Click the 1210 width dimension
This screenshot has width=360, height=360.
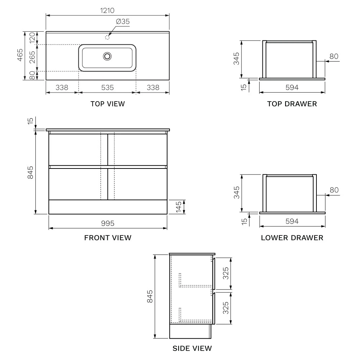(107, 10)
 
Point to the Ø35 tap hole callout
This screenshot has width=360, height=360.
(123, 22)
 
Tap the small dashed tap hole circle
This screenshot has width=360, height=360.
(107, 37)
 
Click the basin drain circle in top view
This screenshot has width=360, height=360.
(107, 56)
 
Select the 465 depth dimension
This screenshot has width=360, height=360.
(20, 55)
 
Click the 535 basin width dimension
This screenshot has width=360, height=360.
(107, 87)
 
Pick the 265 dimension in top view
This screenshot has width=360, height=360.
(32, 57)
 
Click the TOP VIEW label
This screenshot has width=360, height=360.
(108, 104)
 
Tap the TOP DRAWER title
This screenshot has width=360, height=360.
(292, 104)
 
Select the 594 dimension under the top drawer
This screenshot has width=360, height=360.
(292, 87)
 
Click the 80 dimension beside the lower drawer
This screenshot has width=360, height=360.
(334, 190)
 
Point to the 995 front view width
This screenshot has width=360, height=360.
(108, 224)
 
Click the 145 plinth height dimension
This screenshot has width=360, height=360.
(179, 207)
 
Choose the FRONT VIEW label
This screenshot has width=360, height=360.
(108, 238)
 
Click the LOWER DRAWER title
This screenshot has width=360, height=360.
(292, 238)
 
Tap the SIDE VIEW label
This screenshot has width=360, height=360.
(192, 348)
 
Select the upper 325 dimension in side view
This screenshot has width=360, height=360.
(226, 273)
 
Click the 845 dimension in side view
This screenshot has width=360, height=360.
(150, 296)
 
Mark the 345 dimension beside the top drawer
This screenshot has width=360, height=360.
(236, 59)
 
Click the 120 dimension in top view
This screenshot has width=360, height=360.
(32, 38)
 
